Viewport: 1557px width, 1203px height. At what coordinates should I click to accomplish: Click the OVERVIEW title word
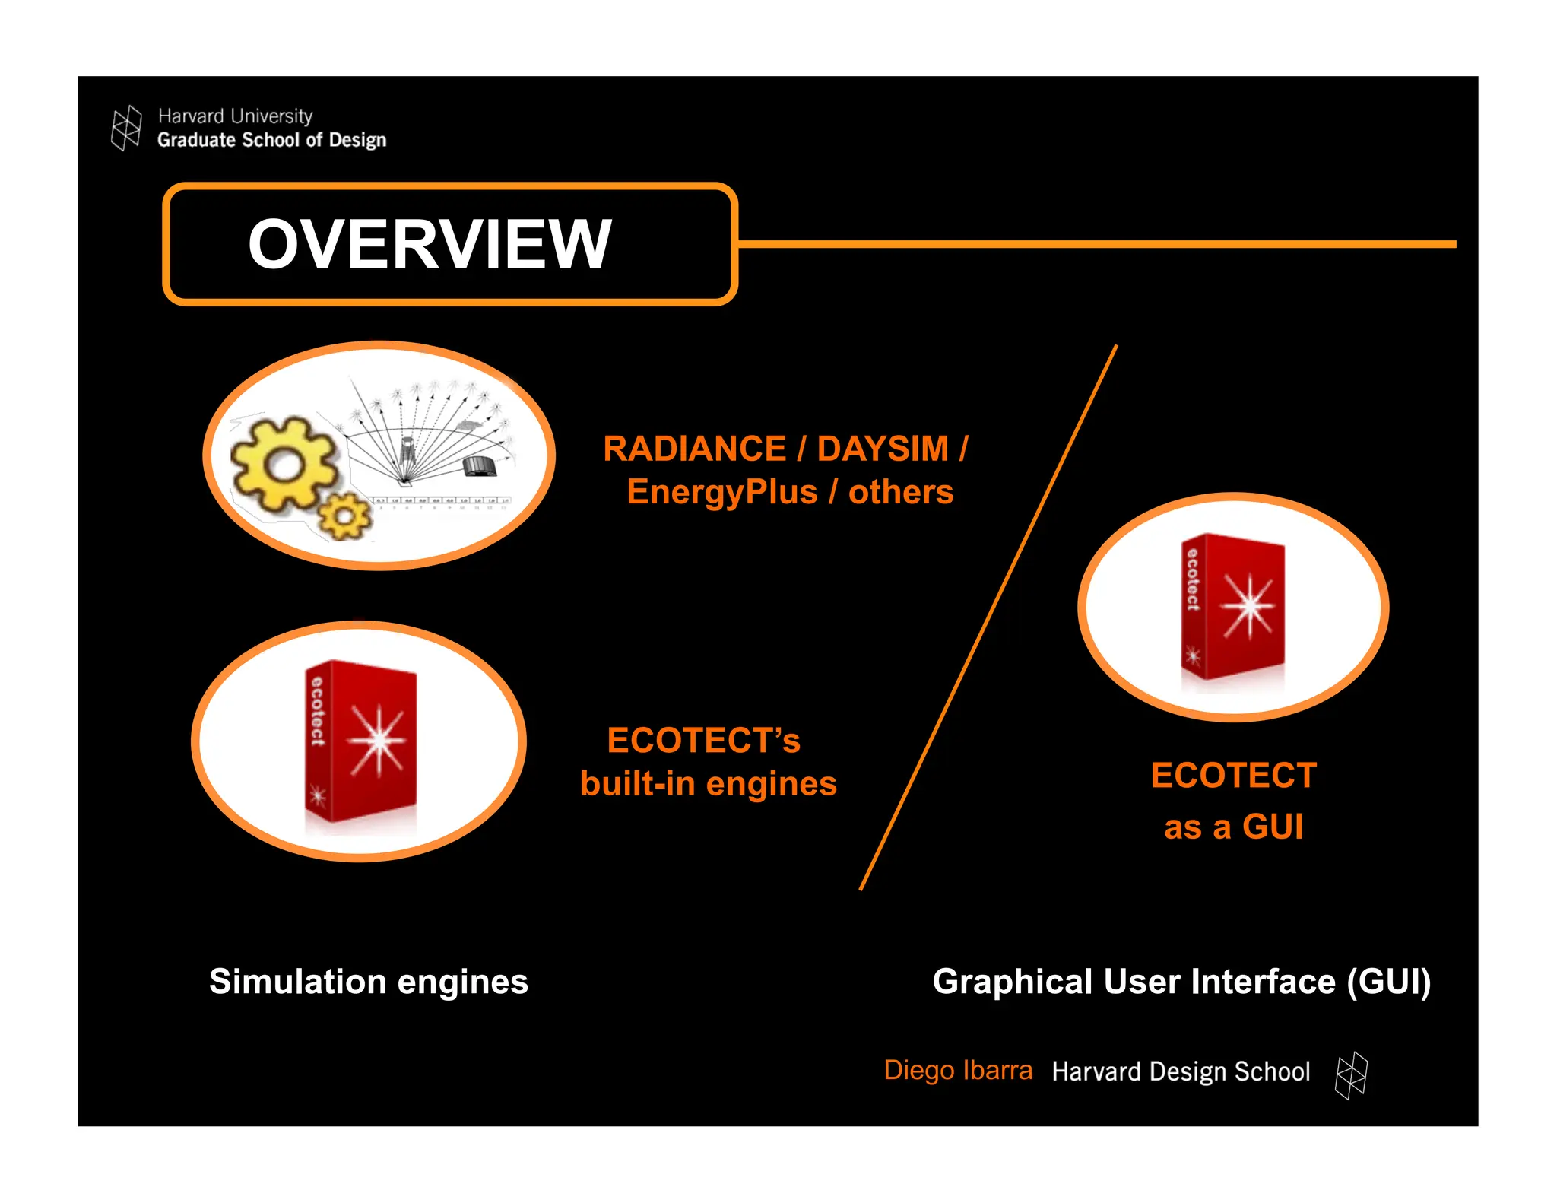(x=430, y=244)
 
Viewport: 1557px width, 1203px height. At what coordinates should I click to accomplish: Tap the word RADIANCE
(x=694, y=449)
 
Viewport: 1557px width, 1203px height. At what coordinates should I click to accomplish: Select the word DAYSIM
(x=882, y=449)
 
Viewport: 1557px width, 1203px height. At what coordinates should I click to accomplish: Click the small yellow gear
(x=344, y=516)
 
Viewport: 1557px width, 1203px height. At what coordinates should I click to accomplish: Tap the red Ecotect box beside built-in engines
(x=361, y=741)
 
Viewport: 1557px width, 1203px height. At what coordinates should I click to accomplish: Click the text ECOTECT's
(x=703, y=741)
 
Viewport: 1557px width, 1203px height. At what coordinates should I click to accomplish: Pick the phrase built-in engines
(x=708, y=784)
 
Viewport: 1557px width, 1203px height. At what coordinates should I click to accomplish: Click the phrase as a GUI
(x=1233, y=827)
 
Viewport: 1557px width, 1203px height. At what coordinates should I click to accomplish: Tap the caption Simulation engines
(x=369, y=982)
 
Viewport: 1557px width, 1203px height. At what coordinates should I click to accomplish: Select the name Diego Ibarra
(x=958, y=1071)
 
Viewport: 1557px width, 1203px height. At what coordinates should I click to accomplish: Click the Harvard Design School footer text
(x=1181, y=1071)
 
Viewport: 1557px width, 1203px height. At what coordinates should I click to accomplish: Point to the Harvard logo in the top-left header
(x=126, y=128)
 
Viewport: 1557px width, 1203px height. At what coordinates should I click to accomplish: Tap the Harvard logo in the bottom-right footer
(x=1351, y=1075)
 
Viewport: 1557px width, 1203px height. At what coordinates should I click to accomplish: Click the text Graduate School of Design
(x=271, y=140)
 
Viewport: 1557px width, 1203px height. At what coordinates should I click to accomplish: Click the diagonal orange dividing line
(x=988, y=616)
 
